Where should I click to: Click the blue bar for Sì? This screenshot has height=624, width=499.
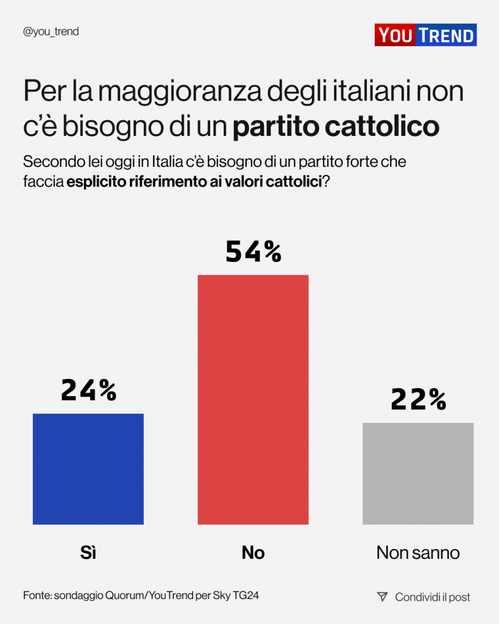click(88, 469)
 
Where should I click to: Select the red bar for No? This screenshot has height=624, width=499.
click(253, 399)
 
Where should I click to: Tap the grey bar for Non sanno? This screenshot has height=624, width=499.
click(418, 473)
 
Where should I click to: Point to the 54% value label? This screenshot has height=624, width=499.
click(253, 251)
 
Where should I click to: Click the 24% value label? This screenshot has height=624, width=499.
click(88, 390)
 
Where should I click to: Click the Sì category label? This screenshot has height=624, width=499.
click(88, 553)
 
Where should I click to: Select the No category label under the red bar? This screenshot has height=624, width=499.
click(253, 553)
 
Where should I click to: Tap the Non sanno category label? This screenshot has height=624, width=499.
click(418, 553)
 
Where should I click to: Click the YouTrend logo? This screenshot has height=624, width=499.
click(425, 35)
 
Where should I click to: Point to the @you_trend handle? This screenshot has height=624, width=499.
click(51, 32)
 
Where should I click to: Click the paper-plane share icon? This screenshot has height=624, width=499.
click(382, 597)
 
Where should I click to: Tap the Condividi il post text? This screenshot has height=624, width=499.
click(433, 597)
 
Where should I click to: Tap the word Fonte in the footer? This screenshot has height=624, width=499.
click(37, 595)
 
